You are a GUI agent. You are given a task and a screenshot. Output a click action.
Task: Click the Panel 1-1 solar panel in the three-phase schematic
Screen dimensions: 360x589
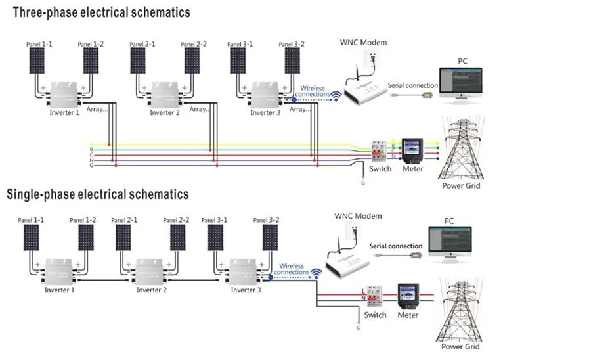(x=36, y=61)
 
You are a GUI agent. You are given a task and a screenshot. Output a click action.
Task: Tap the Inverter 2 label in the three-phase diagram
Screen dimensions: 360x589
(x=164, y=112)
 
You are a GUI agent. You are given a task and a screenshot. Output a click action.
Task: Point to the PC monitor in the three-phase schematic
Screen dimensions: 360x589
(x=460, y=83)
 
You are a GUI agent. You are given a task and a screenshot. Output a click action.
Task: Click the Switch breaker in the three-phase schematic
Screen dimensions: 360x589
(x=378, y=151)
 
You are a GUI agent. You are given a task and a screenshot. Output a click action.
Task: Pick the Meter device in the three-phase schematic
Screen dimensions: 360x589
(x=412, y=150)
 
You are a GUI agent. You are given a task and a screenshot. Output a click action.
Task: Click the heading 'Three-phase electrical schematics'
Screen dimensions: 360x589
(x=102, y=12)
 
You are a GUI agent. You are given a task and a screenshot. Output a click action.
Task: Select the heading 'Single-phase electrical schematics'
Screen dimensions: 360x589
(x=98, y=194)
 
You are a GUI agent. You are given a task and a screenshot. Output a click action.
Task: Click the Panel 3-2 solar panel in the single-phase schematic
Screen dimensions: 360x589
(x=269, y=238)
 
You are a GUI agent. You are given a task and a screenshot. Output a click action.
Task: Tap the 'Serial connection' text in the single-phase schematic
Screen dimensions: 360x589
(x=396, y=246)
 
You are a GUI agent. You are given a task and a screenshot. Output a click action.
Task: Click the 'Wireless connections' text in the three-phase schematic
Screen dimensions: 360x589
(x=312, y=91)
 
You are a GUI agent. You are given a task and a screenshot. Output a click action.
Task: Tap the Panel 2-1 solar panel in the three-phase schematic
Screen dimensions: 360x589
(x=138, y=61)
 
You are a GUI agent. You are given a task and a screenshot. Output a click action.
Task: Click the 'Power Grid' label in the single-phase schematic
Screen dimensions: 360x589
(x=460, y=346)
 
